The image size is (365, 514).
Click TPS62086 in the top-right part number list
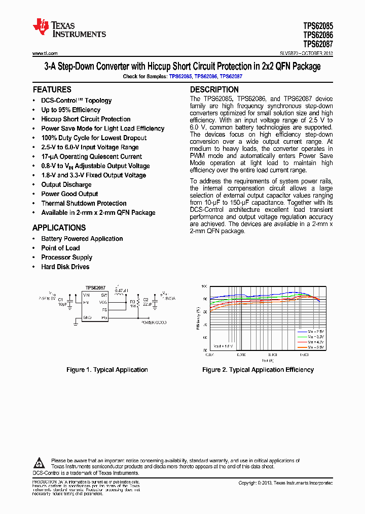(x=318, y=35)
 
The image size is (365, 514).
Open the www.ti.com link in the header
(x=45, y=53)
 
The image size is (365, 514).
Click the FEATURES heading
(x=52, y=89)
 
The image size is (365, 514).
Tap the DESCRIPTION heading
(x=214, y=89)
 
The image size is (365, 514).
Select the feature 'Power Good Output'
(x=69, y=194)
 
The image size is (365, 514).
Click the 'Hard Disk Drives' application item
(x=65, y=267)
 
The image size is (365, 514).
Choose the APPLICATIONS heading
(x=59, y=228)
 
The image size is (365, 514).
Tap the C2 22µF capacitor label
(x=147, y=302)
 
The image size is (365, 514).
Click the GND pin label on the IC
(x=87, y=317)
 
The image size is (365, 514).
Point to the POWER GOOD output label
(x=154, y=322)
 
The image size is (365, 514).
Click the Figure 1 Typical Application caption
(x=107, y=370)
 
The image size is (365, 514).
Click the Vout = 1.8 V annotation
(x=224, y=345)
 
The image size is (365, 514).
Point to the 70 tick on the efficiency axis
(x=205, y=325)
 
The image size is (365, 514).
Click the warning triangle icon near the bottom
(x=40, y=463)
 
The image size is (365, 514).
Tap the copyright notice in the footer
(x=285, y=483)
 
